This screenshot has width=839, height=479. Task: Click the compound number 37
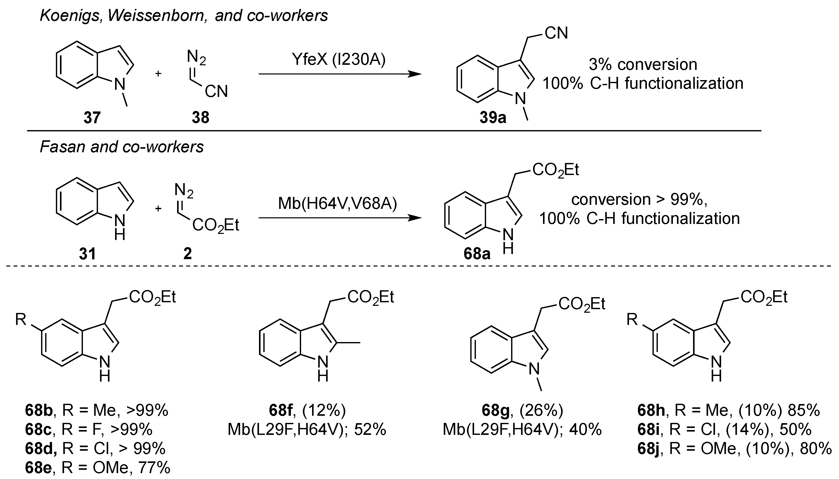(x=92, y=117)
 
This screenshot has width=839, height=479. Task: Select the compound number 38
(x=200, y=117)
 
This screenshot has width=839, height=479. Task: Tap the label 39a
(x=492, y=117)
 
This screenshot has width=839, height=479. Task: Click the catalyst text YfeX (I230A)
(x=339, y=59)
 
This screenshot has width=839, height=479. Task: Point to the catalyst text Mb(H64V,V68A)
(x=338, y=203)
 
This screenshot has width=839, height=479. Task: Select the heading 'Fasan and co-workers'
(x=122, y=147)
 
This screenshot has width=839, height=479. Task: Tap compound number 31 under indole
(x=88, y=254)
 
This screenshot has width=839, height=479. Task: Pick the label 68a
(x=477, y=254)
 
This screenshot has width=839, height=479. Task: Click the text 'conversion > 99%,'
(x=639, y=199)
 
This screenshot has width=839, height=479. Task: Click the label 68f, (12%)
(x=307, y=410)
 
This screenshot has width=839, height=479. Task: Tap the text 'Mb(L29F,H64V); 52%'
(x=307, y=429)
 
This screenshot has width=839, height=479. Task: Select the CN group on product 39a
(x=556, y=33)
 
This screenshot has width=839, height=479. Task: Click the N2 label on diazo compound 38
(x=196, y=57)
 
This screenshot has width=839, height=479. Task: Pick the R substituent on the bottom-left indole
(x=21, y=319)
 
